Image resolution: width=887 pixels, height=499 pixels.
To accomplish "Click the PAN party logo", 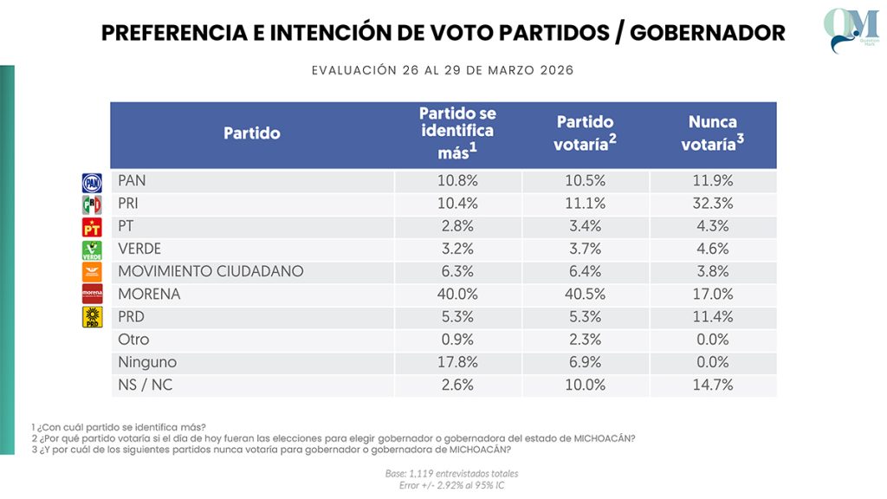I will (92, 182).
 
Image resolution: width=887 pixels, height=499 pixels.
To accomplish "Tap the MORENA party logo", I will (92, 294).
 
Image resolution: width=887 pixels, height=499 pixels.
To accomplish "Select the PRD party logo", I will (92, 317).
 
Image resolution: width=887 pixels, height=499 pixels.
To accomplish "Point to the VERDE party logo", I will (92, 249).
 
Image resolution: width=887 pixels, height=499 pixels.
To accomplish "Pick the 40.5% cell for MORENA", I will (585, 294).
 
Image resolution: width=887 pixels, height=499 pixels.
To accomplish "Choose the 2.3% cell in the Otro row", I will (585, 340).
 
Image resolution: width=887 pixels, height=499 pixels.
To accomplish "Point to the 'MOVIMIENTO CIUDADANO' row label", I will (210, 271).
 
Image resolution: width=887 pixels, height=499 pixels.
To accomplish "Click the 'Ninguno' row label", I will (147, 362).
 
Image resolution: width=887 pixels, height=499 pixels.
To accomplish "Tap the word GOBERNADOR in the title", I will (708, 33).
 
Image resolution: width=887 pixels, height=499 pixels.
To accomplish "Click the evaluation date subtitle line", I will (443, 70).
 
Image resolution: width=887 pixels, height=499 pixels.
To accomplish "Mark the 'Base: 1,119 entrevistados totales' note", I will (451, 474).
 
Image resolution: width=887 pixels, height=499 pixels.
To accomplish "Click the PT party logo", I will (92, 227).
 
